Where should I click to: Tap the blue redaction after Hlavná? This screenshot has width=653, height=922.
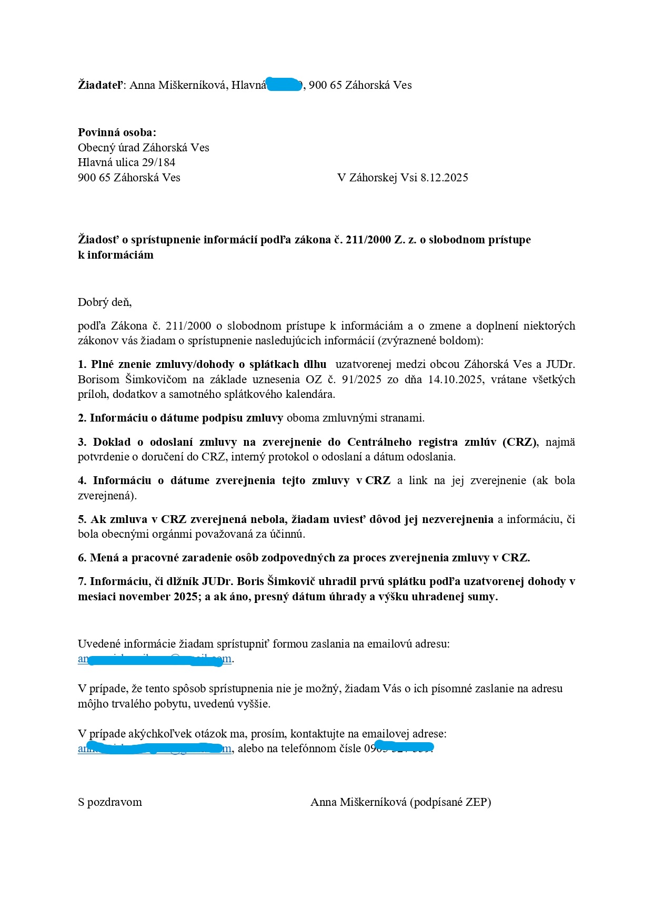pyautogui.click(x=284, y=85)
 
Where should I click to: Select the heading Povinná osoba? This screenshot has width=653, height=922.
pyautogui.click(x=117, y=132)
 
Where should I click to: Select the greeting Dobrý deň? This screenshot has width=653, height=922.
pyautogui.click(x=105, y=302)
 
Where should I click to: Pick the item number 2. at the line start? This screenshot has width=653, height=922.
pyautogui.click(x=82, y=418)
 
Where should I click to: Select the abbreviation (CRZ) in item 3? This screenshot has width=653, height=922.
pyautogui.click(x=520, y=442)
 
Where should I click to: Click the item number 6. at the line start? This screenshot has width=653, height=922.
pyautogui.click(x=82, y=558)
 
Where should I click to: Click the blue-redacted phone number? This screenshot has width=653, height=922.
pyautogui.click(x=403, y=747)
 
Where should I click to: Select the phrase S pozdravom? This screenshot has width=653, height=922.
pyautogui.click(x=110, y=802)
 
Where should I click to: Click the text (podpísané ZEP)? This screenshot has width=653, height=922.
pyautogui.click(x=450, y=802)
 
